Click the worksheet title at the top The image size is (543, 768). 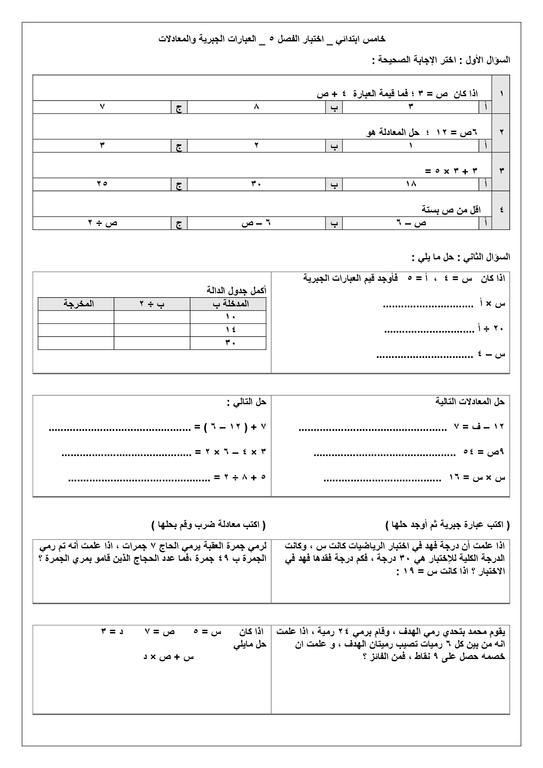point(272,39)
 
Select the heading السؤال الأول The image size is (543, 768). point(485,60)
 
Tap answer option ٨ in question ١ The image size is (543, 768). point(256,107)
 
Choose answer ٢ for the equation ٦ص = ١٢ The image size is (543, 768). point(256,145)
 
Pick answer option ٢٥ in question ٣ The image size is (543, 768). point(102,184)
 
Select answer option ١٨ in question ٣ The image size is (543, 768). point(411,184)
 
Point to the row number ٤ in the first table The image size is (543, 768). point(501,210)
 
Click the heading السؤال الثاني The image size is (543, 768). point(485,257)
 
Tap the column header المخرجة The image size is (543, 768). point(78,304)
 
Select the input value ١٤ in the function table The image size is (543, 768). point(230,330)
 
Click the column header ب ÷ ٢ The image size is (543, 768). point(152,304)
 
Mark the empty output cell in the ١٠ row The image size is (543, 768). point(76,317)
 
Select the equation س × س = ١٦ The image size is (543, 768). point(477,477)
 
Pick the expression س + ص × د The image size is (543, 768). point(168,657)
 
